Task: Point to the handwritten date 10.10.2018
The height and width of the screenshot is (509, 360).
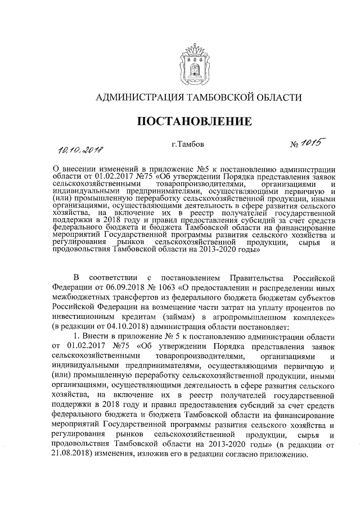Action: click(x=83, y=149)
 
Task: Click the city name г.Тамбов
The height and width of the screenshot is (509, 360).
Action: click(x=188, y=144)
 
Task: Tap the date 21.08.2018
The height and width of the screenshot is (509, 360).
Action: click(x=73, y=454)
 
